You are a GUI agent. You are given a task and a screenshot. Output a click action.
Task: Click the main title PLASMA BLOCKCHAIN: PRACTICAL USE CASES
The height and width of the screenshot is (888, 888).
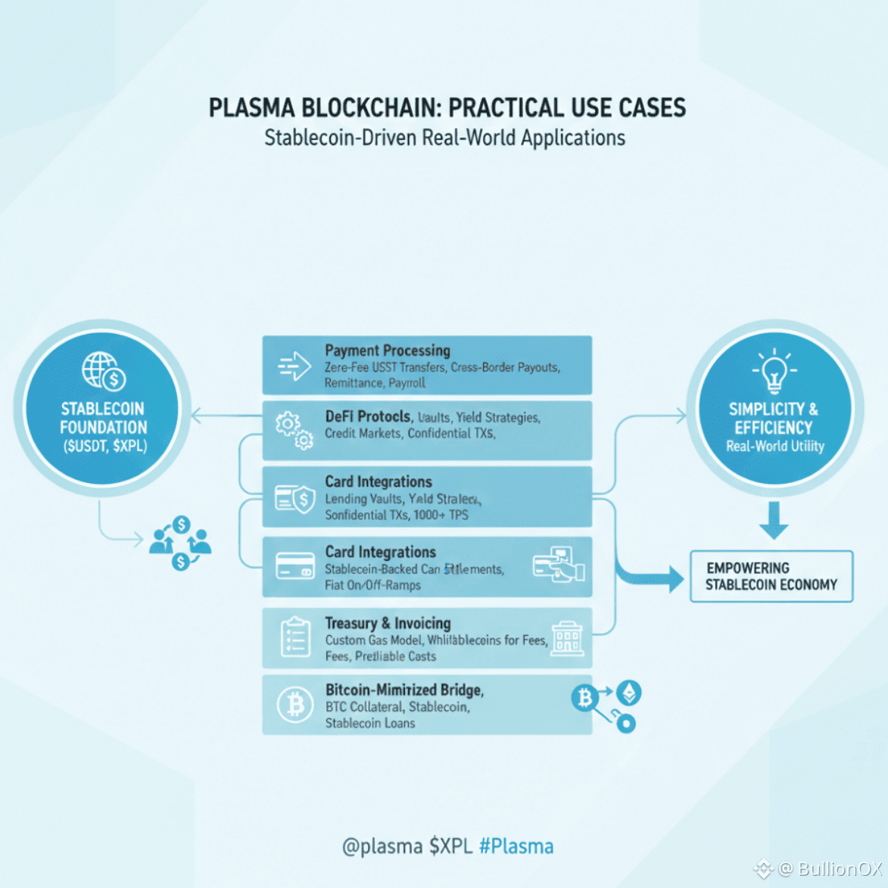[447, 108]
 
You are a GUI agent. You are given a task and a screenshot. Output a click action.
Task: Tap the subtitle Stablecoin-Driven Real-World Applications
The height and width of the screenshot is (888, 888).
[444, 138]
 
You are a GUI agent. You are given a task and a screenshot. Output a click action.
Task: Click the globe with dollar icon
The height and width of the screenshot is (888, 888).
[103, 371]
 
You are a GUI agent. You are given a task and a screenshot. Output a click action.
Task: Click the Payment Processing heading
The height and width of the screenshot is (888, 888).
[388, 351]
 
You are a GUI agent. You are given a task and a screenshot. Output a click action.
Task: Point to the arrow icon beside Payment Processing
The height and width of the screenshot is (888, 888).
[294, 366]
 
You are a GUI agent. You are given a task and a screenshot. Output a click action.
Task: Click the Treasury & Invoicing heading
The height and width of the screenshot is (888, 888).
[388, 623]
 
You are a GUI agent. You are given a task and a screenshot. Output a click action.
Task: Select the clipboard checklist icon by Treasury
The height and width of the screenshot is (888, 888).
[295, 637]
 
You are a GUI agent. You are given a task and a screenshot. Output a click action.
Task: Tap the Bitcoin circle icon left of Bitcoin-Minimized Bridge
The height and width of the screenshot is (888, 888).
[295, 705]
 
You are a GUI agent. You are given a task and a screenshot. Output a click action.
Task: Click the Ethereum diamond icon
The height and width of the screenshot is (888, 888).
[628, 692]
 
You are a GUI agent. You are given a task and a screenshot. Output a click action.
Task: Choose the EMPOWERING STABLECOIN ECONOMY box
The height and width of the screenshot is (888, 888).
[771, 576]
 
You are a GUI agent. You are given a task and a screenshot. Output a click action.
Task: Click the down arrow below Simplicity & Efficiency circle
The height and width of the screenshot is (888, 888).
[774, 520]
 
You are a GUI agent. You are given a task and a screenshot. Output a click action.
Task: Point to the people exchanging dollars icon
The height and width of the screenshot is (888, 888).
[181, 543]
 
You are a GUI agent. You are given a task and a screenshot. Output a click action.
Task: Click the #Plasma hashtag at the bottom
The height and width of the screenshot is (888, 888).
[516, 846]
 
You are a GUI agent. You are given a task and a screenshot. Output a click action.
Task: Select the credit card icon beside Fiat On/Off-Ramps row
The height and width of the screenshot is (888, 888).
[295, 567]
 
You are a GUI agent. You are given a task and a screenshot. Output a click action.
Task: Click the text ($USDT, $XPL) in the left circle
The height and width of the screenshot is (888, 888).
[104, 446]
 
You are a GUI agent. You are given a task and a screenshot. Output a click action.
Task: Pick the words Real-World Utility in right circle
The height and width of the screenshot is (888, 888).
[774, 447]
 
